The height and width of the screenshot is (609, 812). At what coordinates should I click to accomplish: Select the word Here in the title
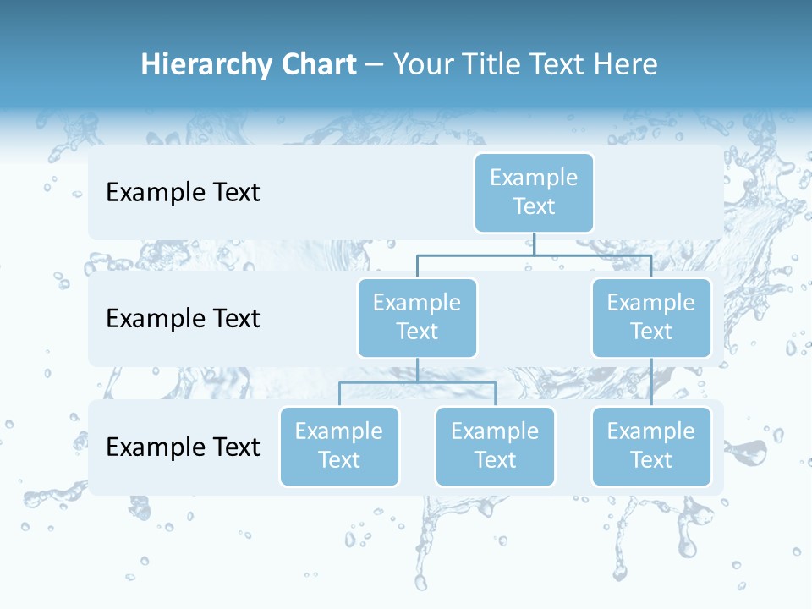pyautogui.click(x=626, y=65)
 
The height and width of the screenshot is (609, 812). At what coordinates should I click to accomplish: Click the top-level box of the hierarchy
pyautogui.click(x=534, y=193)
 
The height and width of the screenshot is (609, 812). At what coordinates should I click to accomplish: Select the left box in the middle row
pyautogui.click(x=417, y=318)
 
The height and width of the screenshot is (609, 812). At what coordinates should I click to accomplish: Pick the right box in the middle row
pyautogui.click(x=651, y=318)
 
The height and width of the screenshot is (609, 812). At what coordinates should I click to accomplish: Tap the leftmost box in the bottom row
pyautogui.click(x=339, y=447)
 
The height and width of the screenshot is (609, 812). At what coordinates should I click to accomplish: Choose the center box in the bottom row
pyautogui.click(x=495, y=447)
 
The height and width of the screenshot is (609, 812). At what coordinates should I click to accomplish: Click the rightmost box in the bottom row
pyautogui.click(x=651, y=447)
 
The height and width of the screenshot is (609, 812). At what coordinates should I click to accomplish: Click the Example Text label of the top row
pyautogui.click(x=183, y=193)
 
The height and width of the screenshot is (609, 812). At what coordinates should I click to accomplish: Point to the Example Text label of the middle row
pyautogui.click(x=183, y=319)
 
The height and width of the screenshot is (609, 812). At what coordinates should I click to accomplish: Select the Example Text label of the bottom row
pyautogui.click(x=183, y=447)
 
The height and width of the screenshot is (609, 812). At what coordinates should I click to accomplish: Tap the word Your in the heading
pyautogui.click(x=421, y=65)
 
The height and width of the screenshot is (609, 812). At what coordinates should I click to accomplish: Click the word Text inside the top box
pyautogui.click(x=534, y=206)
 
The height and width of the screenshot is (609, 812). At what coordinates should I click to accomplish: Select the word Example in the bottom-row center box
pyautogui.click(x=495, y=431)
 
